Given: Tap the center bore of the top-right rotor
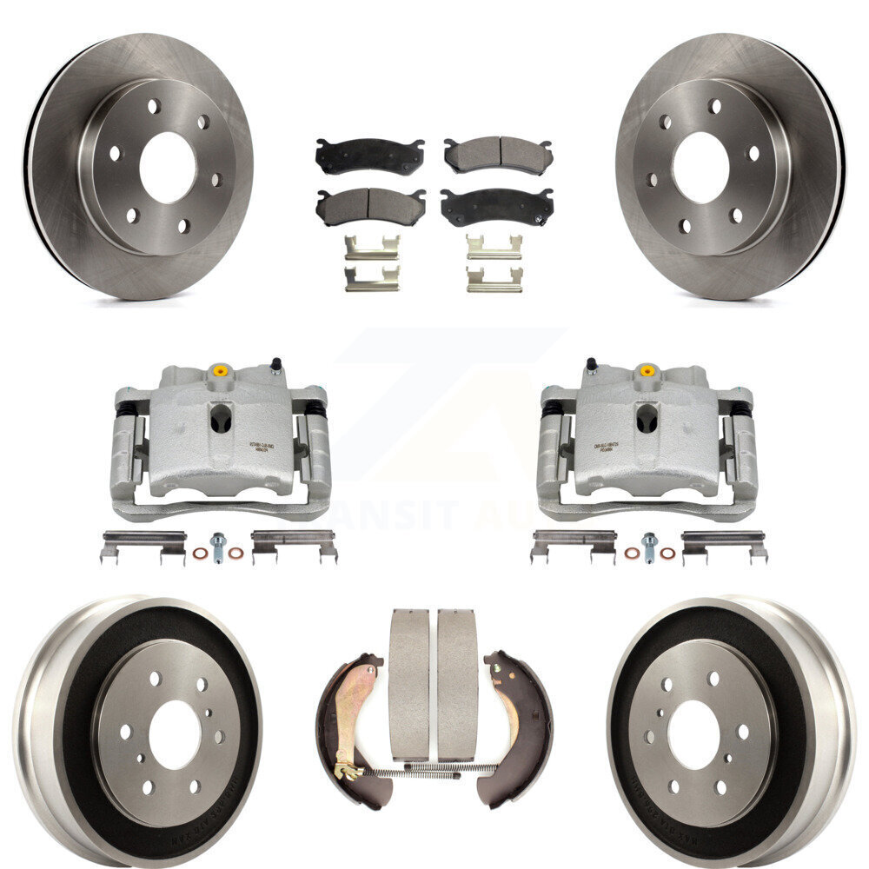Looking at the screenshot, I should [x=700, y=168].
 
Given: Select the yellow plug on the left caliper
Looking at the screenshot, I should [x=221, y=371].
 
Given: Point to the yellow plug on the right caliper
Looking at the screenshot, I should [x=647, y=371].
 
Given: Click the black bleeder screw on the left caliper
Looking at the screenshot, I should [x=276, y=362].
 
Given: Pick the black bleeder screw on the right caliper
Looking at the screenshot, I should [x=591, y=362].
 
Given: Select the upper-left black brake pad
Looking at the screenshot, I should [x=369, y=156].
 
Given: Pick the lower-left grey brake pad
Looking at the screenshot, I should [x=369, y=206].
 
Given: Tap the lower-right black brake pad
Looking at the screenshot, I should [x=497, y=206].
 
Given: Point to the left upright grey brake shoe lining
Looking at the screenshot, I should [x=408, y=682].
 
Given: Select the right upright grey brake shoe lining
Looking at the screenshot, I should [x=457, y=682].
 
